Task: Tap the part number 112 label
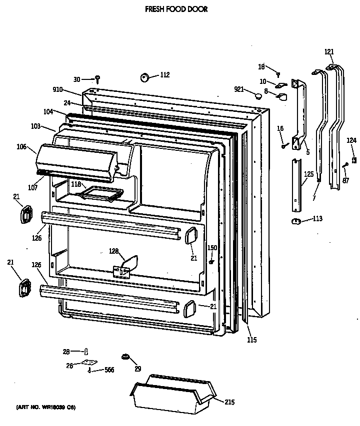[164, 75]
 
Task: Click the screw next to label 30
[98, 78]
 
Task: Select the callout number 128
[114, 251]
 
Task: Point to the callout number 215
[229, 402]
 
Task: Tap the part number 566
[109, 370]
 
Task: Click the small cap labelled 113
[295, 220]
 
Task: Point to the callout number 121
[329, 52]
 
